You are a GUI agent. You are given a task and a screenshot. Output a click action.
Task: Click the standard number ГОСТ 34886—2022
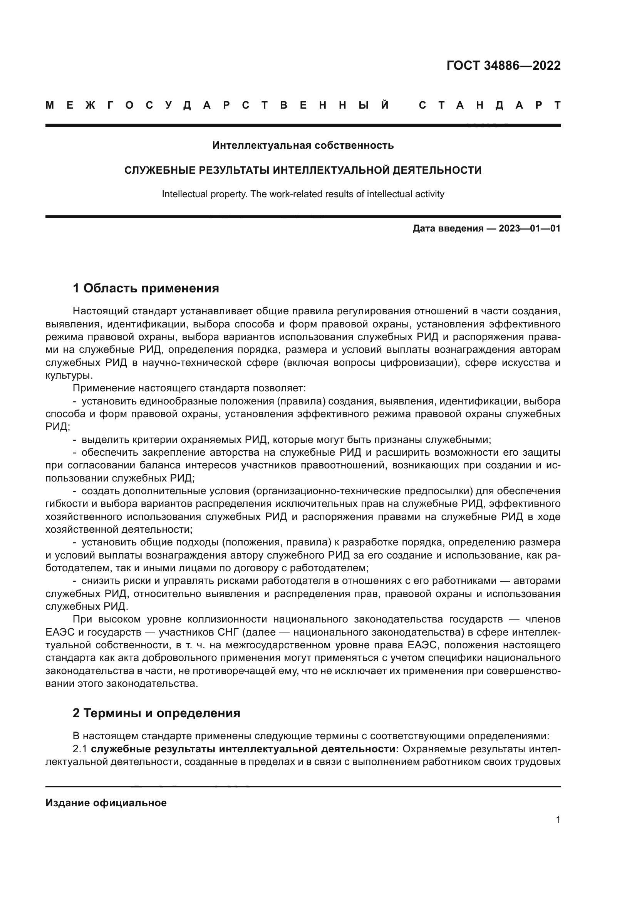point(503,65)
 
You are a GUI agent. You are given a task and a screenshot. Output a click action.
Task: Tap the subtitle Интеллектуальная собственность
point(303,146)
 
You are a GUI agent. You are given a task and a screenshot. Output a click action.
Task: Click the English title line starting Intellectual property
point(303,194)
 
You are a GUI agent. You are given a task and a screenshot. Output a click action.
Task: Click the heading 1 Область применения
point(146,289)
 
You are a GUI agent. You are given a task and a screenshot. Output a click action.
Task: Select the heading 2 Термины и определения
point(156,713)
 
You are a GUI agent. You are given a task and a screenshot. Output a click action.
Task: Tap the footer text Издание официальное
point(106,803)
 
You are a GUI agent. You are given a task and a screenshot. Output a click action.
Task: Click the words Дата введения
point(448,228)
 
